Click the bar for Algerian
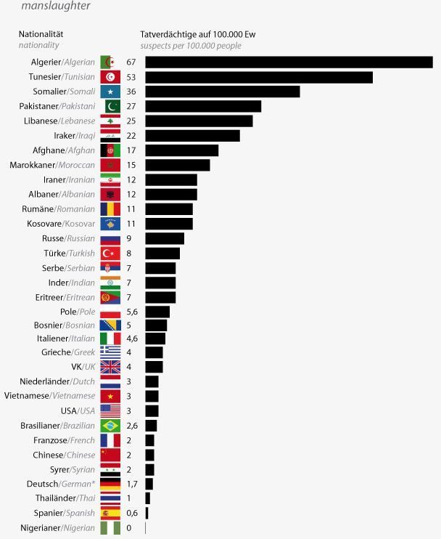click(x=289, y=62)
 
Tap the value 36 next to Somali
click(x=131, y=92)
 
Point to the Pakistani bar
click(x=203, y=107)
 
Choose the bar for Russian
click(x=165, y=238)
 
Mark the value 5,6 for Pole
click(x=131, y=312)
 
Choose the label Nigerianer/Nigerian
click(x=57, y=528)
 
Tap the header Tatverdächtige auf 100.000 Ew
click(x=197, y=34)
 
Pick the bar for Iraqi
click(x=192, y=136)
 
